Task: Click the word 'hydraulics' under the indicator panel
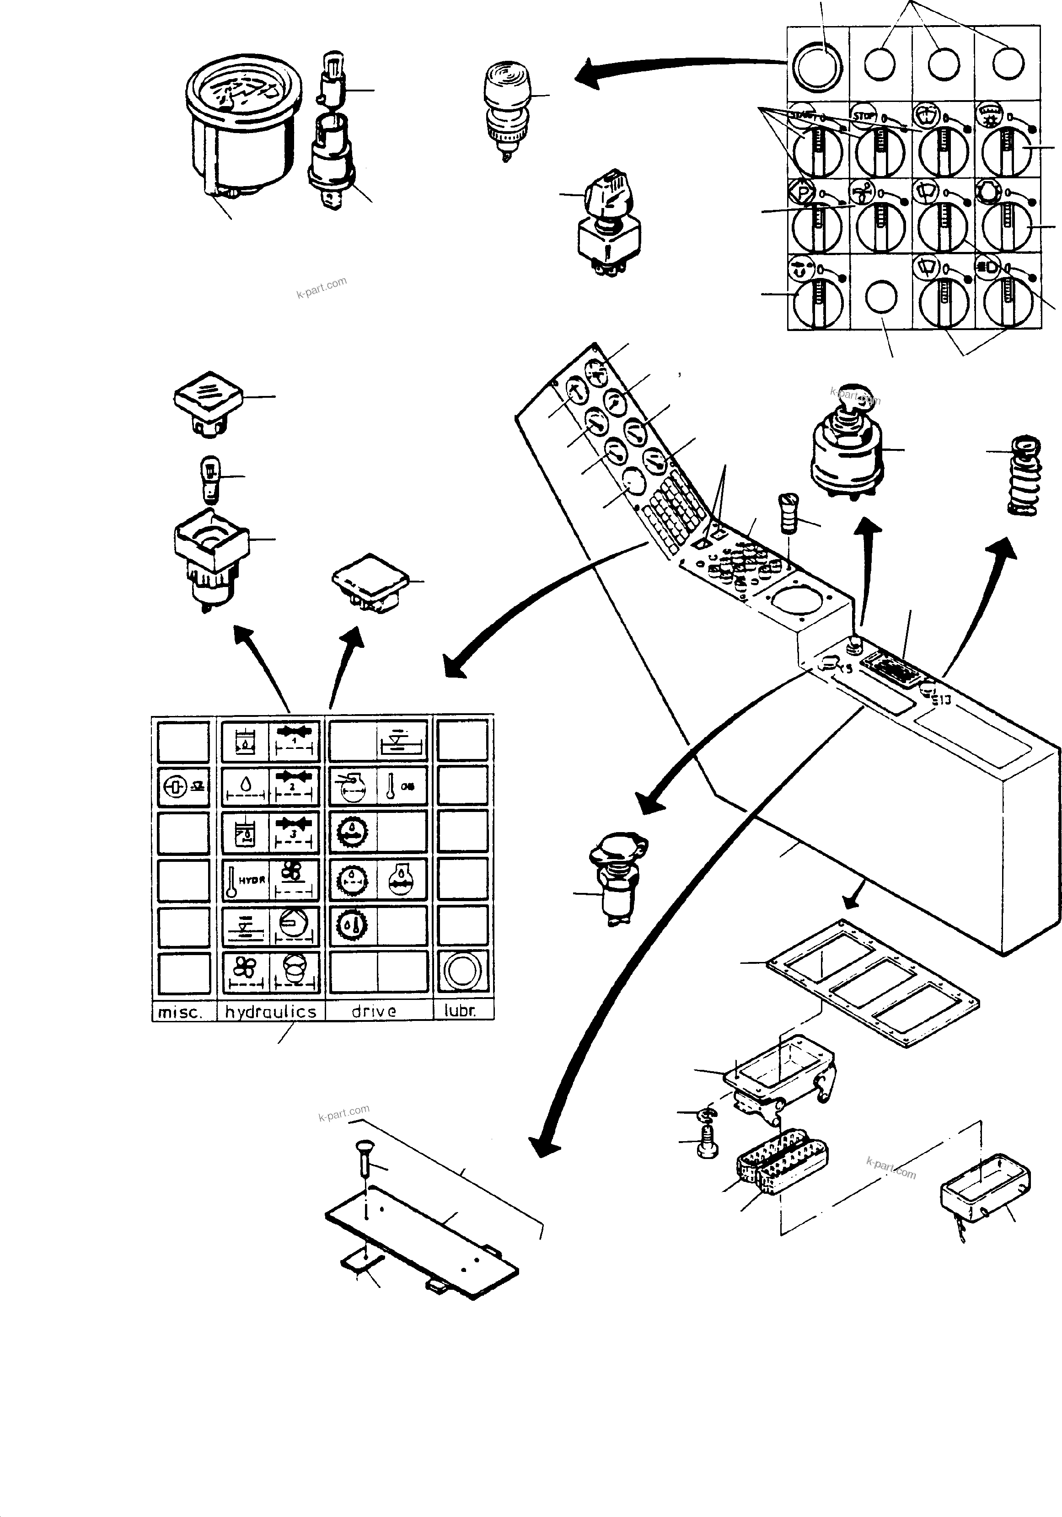[x=270, y=1011]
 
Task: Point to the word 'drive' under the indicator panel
[x=374, y=1011]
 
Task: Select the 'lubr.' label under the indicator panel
[x=461, y=1011]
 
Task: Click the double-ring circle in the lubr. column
[x=462, y=972]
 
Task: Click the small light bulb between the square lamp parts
[x=209, y=477]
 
